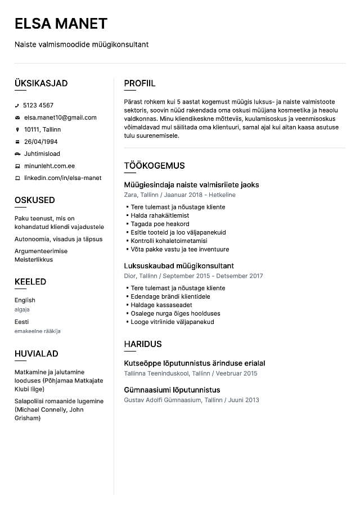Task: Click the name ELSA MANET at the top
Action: tap(61, 23)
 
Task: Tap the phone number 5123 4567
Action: tap(38, 105)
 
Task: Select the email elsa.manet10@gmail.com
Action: tap(60, 118)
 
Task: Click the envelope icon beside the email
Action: tap(17, 118)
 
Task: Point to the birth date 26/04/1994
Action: tap(40, 142)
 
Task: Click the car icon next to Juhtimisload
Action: tap(17, 154)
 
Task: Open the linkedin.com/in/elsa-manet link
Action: tap(62, 178)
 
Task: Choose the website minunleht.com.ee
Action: tap(49, 166)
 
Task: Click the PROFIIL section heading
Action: tap(139, 83)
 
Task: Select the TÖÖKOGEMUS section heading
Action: tap(154, 165)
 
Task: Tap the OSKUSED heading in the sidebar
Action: tap(34, 200)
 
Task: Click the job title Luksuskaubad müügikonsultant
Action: tap(179, 265)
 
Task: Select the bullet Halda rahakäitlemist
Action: tap(160, 215)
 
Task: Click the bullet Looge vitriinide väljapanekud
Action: tap(172, 322)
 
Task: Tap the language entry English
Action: tap(25, 300)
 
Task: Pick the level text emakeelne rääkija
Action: tap(37, 331)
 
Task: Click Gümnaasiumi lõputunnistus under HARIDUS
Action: tap(172, 390)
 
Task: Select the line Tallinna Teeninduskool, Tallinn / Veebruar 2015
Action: tap(190, 373)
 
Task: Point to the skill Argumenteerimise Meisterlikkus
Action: tap(41, 255)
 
